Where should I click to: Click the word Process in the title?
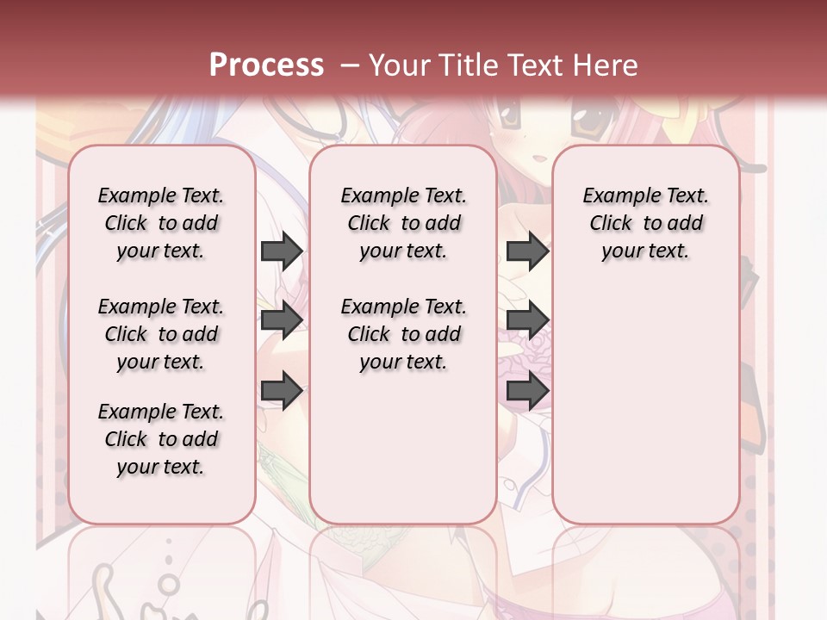coord(265,65)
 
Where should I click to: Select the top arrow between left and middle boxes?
coord(282,251)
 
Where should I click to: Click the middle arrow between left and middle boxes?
coord(282,320)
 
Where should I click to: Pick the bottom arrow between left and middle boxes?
coord(282,391)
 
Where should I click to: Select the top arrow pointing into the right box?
coord(527,251)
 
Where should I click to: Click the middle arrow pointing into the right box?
coord(527,320)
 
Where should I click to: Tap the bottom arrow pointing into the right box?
coord(527,391)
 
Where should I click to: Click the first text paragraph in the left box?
coord(161,223)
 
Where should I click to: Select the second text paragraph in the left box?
coord(161,334)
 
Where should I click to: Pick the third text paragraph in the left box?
coord(161,439)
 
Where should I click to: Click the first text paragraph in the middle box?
coord(403,223)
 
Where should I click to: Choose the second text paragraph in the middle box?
coord(403,334)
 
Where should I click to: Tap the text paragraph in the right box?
coord(645,223)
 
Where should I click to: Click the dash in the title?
coord(350,65)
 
